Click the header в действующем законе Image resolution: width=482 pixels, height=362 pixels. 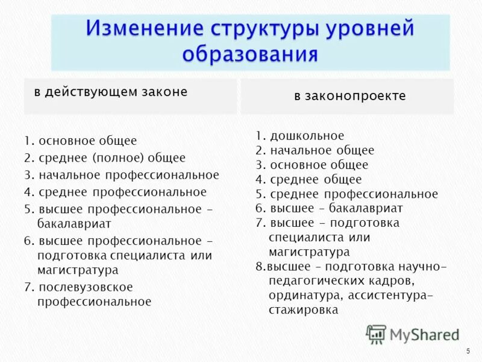click(x=110, y=92)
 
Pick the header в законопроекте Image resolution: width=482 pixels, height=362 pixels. click(x=349, y=96)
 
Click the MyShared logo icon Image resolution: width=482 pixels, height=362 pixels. click(x=376, y=334)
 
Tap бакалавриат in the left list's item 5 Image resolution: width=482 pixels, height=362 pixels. click(x=74, y=223)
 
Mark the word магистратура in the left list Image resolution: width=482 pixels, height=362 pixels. click(x=78, y=270)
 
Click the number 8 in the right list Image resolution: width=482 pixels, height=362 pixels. click(x=258, y=267)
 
